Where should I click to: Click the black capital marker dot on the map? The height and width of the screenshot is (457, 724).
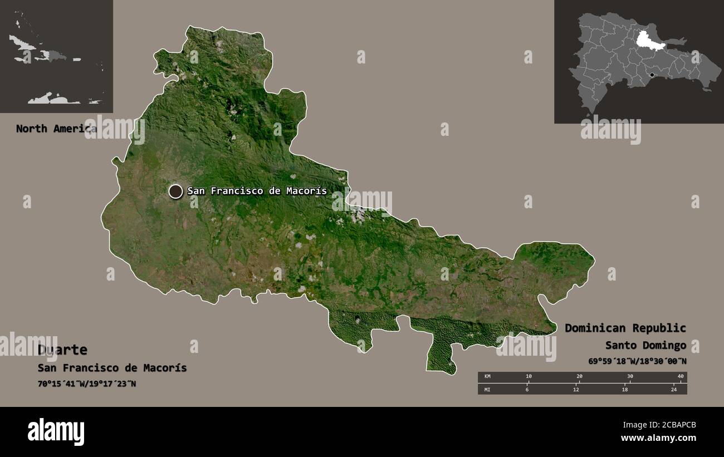point(175,191)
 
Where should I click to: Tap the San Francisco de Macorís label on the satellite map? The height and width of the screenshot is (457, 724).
point(257,191)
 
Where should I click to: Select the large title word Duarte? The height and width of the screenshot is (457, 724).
point(62,350)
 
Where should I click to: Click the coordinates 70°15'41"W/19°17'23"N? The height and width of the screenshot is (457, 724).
point(87,384)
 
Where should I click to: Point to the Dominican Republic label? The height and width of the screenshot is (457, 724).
point(625,328)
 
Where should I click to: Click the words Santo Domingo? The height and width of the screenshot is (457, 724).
point(645,346)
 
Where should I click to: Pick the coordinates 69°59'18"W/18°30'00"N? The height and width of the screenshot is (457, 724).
point(637,361)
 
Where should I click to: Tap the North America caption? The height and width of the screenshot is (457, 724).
point(56,129)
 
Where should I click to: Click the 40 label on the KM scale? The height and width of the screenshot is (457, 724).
point(680,376)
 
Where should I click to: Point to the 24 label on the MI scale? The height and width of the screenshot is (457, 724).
point(673,389)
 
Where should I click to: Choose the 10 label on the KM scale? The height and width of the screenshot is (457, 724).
point(528,376)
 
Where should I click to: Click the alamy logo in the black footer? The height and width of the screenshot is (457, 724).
point(56,431)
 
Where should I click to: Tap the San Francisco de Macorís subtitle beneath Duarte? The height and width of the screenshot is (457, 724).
point(112,368)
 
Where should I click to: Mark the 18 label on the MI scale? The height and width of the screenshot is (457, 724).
point(624,389)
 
